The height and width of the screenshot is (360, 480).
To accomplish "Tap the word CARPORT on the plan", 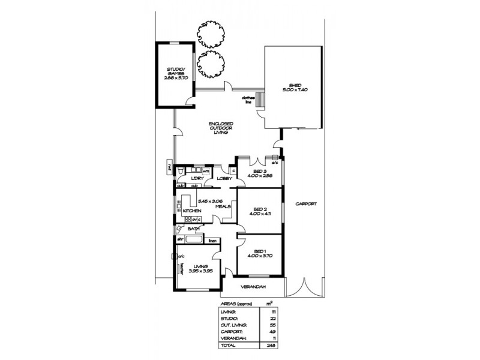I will point(306,204).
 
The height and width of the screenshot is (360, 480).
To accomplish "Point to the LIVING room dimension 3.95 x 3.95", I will point(200,271).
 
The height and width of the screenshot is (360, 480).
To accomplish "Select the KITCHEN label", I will point(191,211).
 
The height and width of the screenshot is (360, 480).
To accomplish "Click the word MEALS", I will point(223,206).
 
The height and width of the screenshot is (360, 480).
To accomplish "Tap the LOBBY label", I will point(224,179).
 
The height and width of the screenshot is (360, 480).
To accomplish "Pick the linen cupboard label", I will point(212,241).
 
